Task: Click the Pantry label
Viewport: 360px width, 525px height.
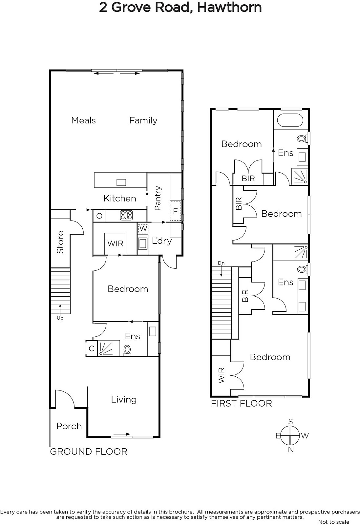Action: click(x=158, y=198)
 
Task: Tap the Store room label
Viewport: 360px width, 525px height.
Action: click(x=60, y=242)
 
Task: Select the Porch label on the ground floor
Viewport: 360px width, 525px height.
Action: click(x=69, y=426)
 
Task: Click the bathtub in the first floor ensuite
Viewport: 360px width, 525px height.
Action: click(x=290, y=120)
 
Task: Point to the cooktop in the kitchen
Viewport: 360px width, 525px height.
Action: click(x=126, y=215)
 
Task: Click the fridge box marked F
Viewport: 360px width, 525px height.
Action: click(x=175, y=211)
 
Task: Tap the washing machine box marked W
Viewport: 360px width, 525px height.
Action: click(x=143, y=228)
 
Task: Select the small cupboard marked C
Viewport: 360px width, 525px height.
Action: click(x=92, y=348)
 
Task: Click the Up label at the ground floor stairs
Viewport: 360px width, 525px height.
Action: click(x=60, y=318)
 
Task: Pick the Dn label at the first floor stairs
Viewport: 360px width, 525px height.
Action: click(x=221, y=263)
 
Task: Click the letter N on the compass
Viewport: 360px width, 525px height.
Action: click(x=291, y=450)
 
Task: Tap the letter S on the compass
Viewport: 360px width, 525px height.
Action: click(x=291, y=422)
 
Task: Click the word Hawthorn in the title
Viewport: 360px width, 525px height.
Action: click(x=229, y=7)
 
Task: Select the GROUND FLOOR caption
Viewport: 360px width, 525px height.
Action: click(x=89, y=451)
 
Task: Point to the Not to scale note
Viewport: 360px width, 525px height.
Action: click(x=333, y=522)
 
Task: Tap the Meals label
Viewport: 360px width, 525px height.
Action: click(x=83, y=120)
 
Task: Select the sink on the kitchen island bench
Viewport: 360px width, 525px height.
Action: click(x=121, y=182)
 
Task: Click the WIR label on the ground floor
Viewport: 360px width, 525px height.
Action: click(x=115, y=243)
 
